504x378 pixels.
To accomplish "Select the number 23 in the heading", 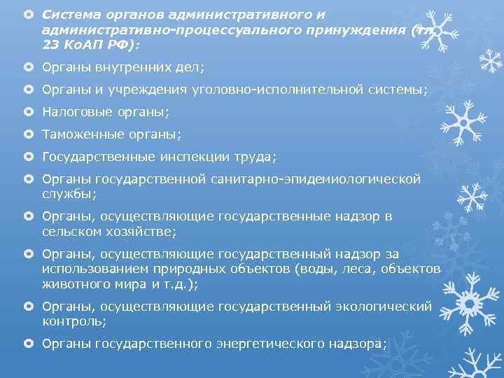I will [x=50, y=44].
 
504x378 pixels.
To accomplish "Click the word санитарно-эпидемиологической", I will [x=316, y=179].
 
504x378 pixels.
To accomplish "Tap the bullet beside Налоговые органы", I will [x=28, y=111].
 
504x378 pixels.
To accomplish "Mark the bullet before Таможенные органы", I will [x=28, y=134].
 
